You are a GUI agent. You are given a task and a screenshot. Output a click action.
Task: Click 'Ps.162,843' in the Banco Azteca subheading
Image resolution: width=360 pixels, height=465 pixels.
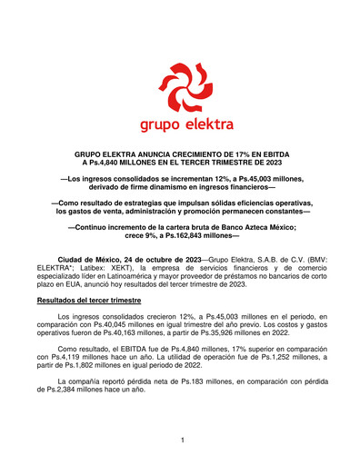(199, 238)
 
